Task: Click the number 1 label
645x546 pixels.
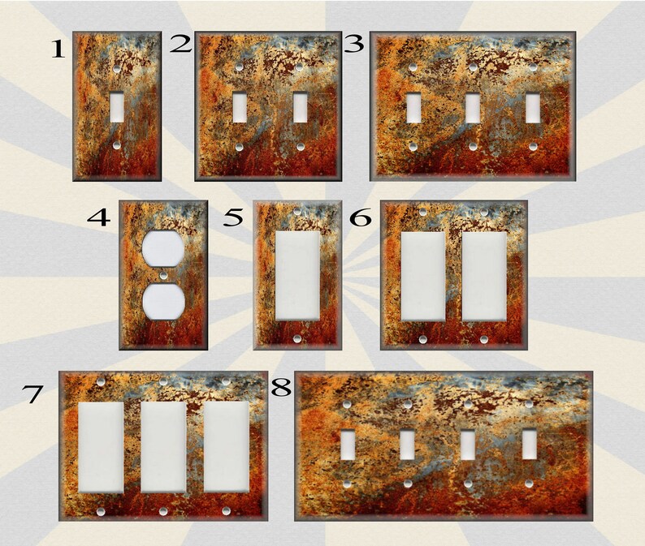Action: [57, 50]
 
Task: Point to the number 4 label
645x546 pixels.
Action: [99, 217]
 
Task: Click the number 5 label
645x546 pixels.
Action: [234, 217]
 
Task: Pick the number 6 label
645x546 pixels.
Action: [361, 217]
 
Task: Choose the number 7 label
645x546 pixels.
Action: [32, 394]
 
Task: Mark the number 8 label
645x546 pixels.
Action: [281, 388]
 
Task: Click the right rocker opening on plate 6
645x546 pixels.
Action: [484, 276]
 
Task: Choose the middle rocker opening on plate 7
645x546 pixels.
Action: [163, 446]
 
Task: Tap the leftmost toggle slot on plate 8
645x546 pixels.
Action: [347, 445]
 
